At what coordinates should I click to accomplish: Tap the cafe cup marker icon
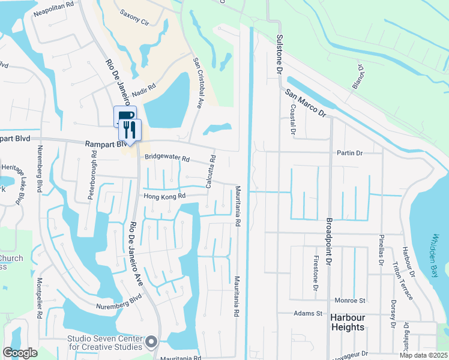click(x=124, y=116)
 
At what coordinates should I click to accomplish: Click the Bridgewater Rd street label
click(x=167, y=160)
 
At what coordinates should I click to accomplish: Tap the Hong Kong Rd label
click(x=164, y=196)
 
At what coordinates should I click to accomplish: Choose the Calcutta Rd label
click(x=211, y=172)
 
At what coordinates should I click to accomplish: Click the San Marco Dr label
click(x=305, y=103)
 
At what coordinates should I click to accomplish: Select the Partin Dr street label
click(x=351, y=153)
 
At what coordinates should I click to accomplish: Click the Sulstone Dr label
click(x=279, y=53)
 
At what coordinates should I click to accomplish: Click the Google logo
click(x=20, y=353)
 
